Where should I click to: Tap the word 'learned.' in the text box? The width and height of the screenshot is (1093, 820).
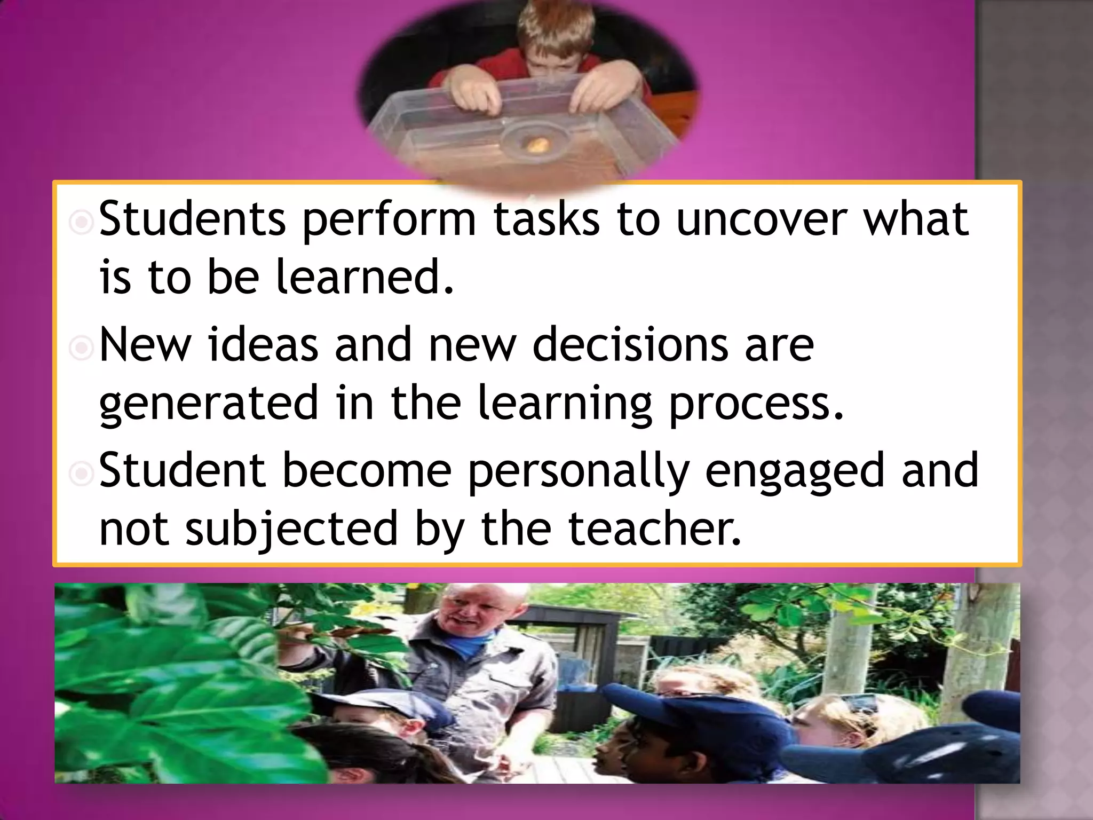(365, 277)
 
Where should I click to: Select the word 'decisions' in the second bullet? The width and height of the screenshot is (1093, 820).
(629, 345)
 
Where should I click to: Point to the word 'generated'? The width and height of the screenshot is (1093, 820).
(209, 404)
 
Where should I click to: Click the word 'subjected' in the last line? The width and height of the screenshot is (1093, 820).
(292, 529)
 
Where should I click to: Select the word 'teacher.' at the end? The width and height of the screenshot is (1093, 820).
(655, 528)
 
